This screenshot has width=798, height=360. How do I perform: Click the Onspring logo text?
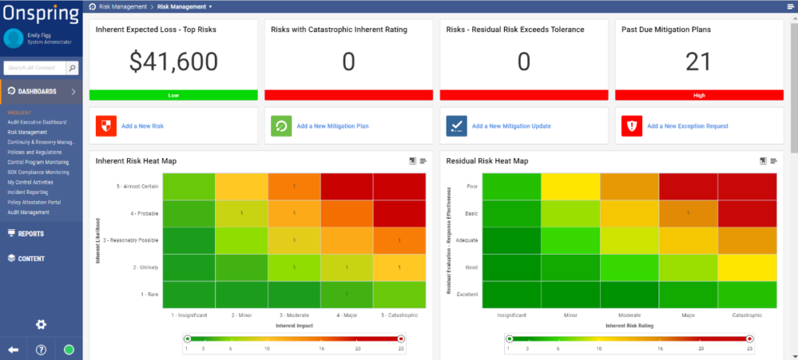coord(41,14)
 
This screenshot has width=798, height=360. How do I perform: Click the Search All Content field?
coord(38,69)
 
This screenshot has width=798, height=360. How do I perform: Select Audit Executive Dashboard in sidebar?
coord(37,122)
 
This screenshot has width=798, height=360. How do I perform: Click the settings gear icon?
coord(41,324)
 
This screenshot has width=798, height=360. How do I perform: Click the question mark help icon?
coord(41,349)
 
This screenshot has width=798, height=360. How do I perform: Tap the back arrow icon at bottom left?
coord(13,349)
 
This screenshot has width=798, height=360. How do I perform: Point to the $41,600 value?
coord(174,62)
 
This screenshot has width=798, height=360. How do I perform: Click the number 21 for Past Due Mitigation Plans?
coord(698,62)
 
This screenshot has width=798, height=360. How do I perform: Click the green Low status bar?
coord(174,95)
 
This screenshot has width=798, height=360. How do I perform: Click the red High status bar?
coord(698,95)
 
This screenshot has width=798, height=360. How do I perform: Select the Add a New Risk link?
coord(143,125)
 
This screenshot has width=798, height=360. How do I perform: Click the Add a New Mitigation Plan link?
coord(331,125)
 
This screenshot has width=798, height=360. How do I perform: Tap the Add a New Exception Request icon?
coord(632,125)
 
